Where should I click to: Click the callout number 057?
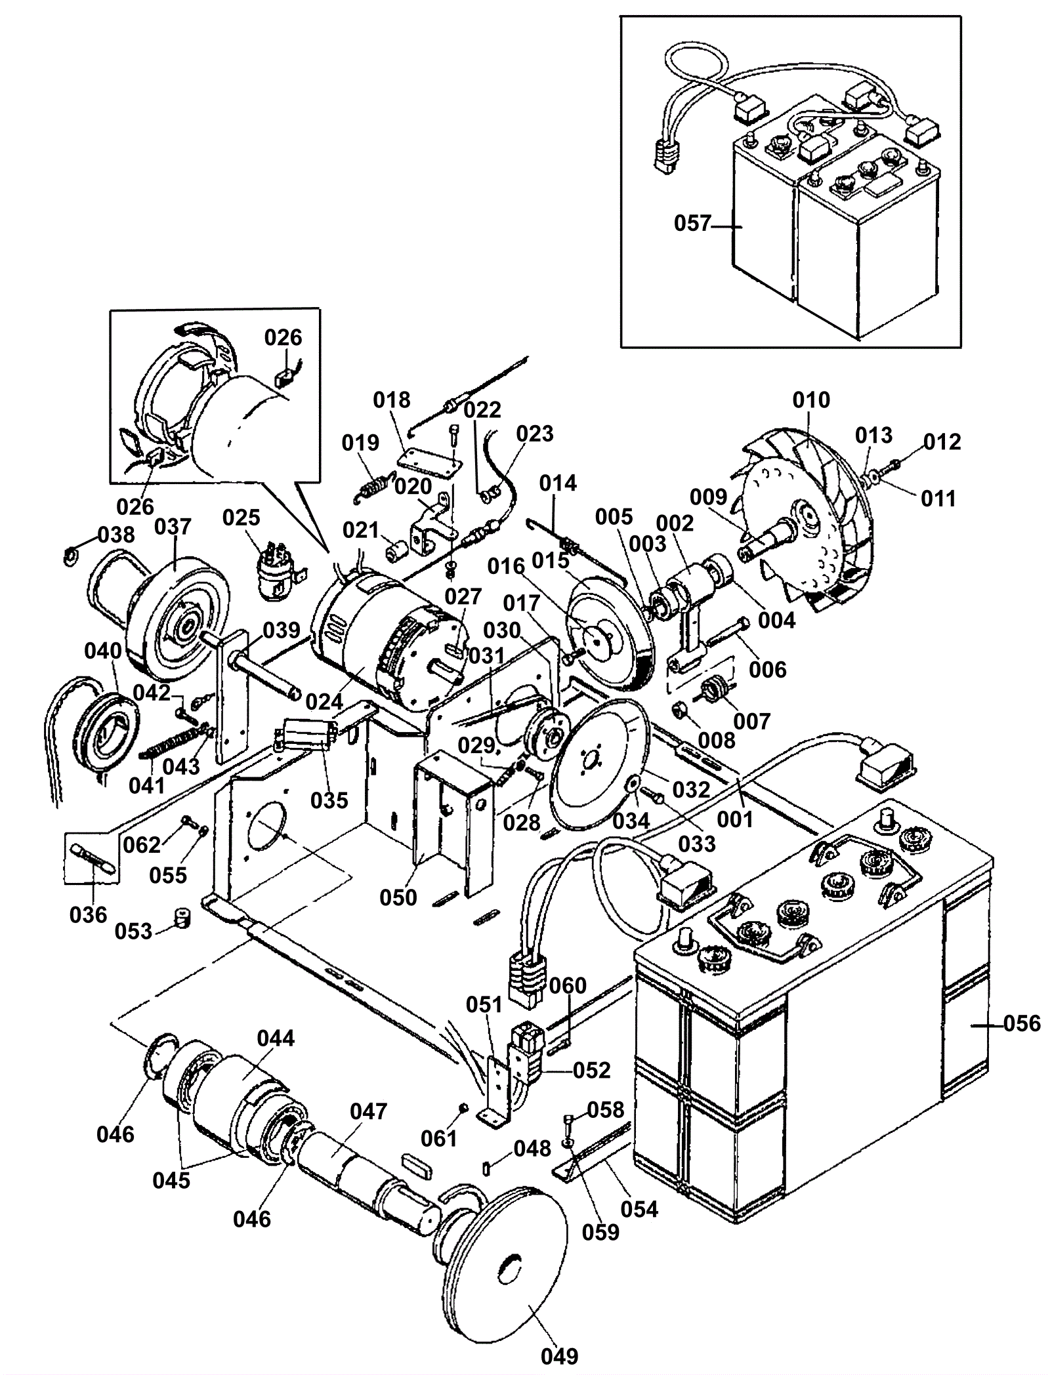coord(692,224)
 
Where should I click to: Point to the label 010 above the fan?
coord(811,400)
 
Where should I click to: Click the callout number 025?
coord(241,517)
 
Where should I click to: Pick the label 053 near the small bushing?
coord(134,931)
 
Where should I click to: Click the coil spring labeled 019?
coord(373,488)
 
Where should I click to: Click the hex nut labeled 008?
coord(680,709)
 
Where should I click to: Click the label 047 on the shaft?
coord(368,1111)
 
